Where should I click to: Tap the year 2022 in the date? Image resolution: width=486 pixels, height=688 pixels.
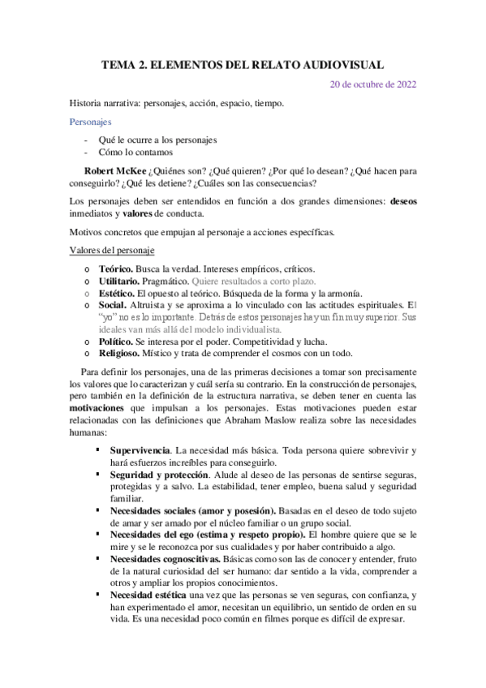(x=402, y=84)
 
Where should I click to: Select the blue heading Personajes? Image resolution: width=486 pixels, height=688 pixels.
(x=90, y=122)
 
